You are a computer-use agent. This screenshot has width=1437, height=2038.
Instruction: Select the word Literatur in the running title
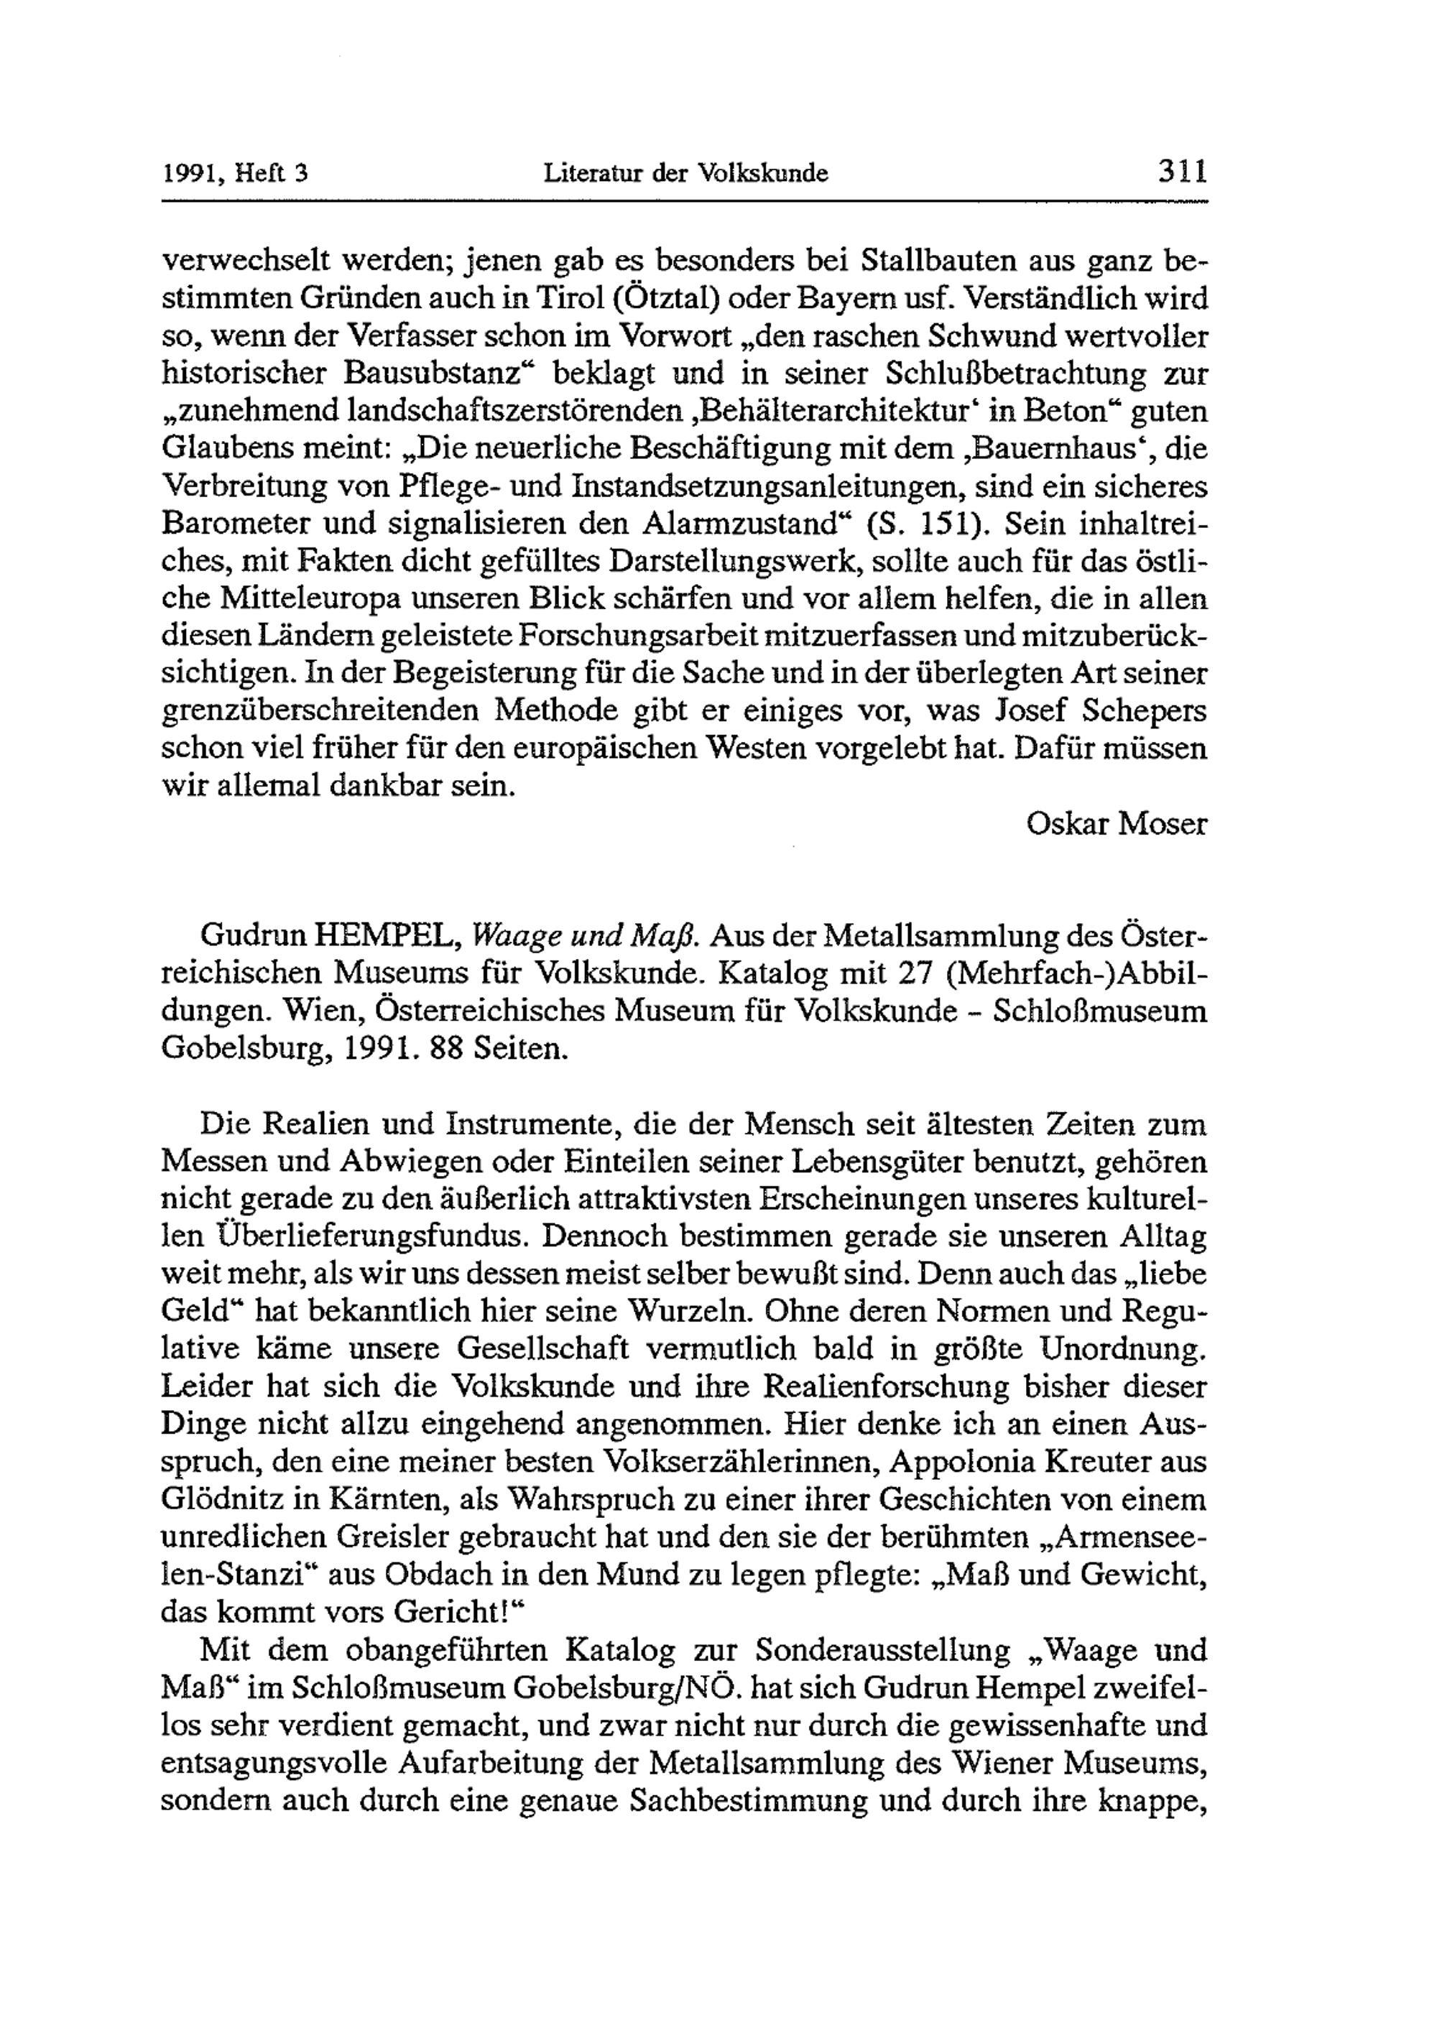coord(592,173)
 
